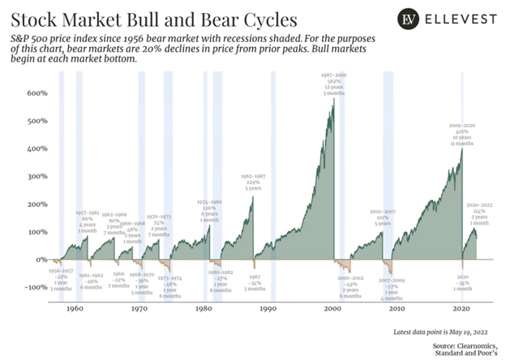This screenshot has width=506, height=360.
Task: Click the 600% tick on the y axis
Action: tap(36, 93)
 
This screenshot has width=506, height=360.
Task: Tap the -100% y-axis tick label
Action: tap(33, 288)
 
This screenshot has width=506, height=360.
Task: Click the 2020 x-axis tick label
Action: tap(461, 309)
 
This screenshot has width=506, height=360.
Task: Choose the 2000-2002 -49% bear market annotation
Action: tap(351, 287)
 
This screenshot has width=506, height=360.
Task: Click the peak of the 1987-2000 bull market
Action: tap(333, 101)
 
